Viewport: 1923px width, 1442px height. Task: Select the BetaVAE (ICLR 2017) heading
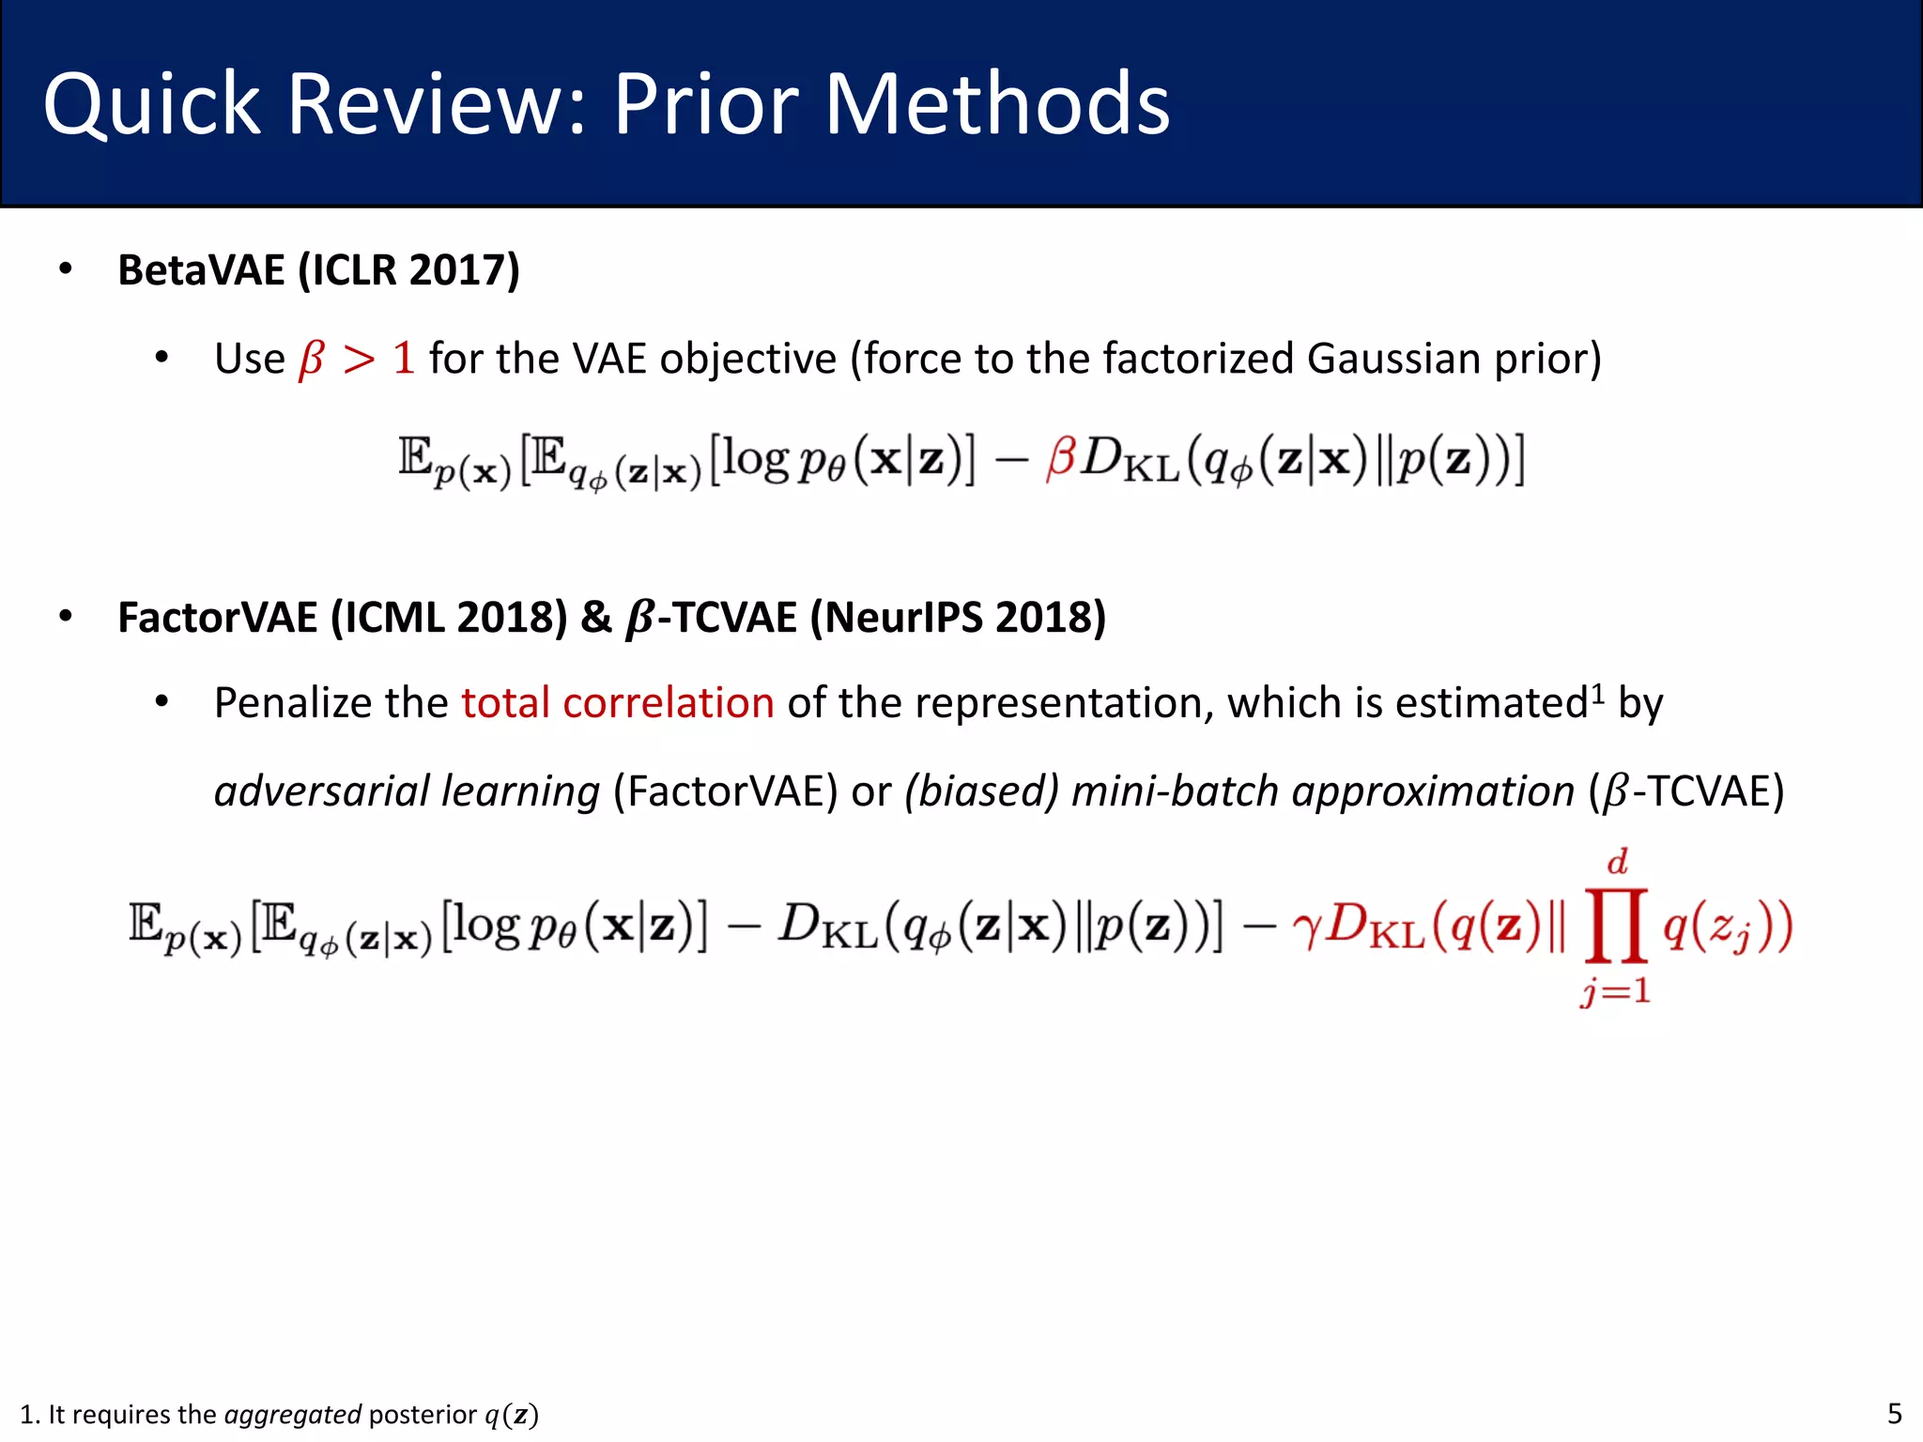click(318, 270)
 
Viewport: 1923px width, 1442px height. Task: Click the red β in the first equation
click(1060, 459)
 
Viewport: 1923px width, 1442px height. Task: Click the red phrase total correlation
click(617, 703)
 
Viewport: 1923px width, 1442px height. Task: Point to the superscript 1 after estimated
click(1599, 694)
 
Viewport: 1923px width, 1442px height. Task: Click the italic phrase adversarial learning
click(407, 791)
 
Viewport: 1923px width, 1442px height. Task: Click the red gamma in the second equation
click(1306, 929)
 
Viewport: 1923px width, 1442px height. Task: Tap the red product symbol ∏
click(1616, 927)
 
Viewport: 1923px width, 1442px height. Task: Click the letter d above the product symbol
click(1617, 862)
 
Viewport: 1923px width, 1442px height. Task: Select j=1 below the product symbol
click(1615, 991)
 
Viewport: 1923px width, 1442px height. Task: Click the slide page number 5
click(1894, 1414)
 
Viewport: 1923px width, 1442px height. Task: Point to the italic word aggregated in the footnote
click(293, 1415)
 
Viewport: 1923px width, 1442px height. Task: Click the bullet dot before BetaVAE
click(65, 270)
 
